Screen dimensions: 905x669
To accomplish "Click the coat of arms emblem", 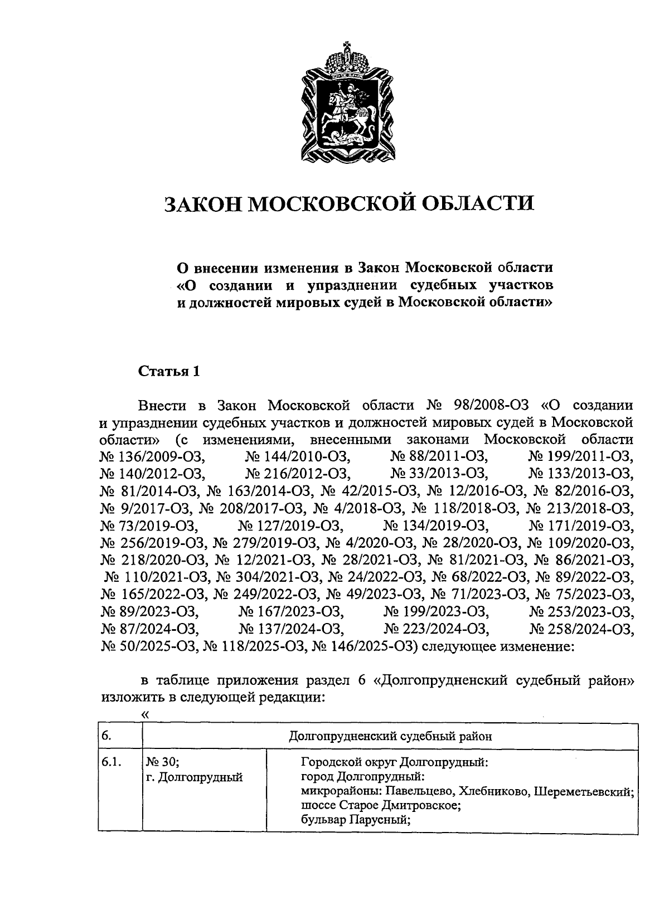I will [348, 103].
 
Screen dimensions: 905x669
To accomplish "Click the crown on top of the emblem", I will [348, 59].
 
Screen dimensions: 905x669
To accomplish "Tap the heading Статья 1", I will [169, 371].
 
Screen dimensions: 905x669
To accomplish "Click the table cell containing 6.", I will [120, 736].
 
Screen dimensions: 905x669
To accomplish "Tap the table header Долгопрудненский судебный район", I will [390, 736].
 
